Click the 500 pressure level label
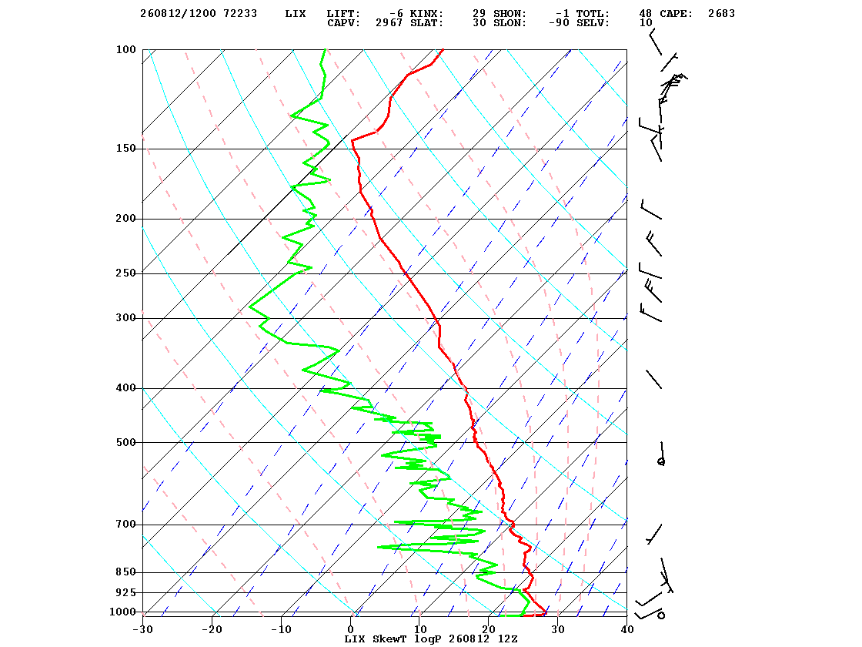[x=125, y=442]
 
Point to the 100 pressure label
[x=125, y=49]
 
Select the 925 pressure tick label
[x=125, y=592]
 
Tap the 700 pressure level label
[x=125, y=525]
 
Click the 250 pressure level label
[x=125, y=273]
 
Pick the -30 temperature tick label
[x=142, y=630]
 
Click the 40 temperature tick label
[x=626, y=630]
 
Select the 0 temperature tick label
[x=351, y=630]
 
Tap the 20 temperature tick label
[x=489, y=630]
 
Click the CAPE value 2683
[x=721, y=14]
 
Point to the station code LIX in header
[x=296, y=14]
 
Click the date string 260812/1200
[x=178, y=14]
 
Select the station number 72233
[x=240, y=14]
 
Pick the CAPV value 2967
[x=389, y=23]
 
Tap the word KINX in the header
[x=426, y=14]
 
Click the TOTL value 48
[x=646, y=14]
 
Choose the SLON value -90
[x=559, y=23]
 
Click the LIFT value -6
[x=396, y=14]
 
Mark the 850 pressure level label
[x=125, y=572]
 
